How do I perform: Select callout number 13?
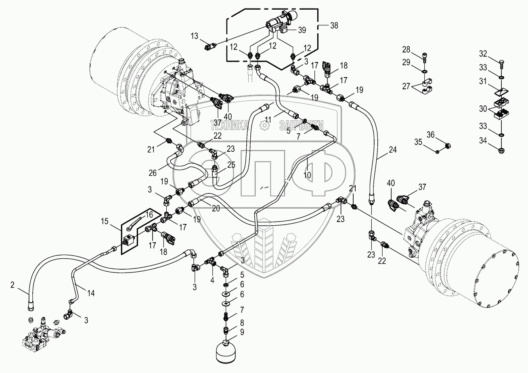(195, 37)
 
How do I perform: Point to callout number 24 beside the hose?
(393, 150)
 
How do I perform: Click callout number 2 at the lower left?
(13, 285)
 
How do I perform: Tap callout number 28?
(406, 50)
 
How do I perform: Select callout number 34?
(483, 140)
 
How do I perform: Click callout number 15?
(105, 222)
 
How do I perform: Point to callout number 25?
(231, 165)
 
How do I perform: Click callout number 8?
(242, 323)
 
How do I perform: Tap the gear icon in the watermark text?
(264, 126)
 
